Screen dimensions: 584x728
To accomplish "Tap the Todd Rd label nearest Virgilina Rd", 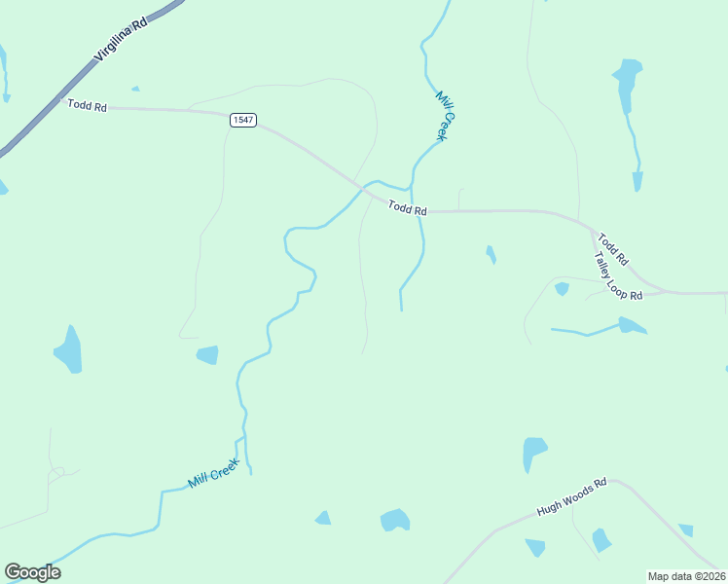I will point(87,105).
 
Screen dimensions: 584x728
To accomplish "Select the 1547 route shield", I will point(242,120).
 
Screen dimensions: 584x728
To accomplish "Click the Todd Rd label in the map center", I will point(407,208).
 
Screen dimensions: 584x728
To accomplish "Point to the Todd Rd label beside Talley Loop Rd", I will point(613,249).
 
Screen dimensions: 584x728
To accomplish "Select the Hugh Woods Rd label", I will point(571,497).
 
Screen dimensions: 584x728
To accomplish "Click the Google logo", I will point(32,572).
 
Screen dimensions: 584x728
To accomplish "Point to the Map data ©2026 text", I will point(686,576).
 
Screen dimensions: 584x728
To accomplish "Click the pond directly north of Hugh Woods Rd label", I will point(534,453).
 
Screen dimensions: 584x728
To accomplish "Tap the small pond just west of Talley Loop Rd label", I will point(562,288).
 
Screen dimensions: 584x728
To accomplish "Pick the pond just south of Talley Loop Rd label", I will point(631,325).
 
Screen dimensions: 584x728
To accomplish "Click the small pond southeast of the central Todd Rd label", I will point(491,254).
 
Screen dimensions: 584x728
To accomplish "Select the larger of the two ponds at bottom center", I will point(394,520).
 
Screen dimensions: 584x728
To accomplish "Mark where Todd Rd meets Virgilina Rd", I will point(60,100).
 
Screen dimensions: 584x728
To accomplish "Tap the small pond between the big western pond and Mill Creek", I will point(207,354).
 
